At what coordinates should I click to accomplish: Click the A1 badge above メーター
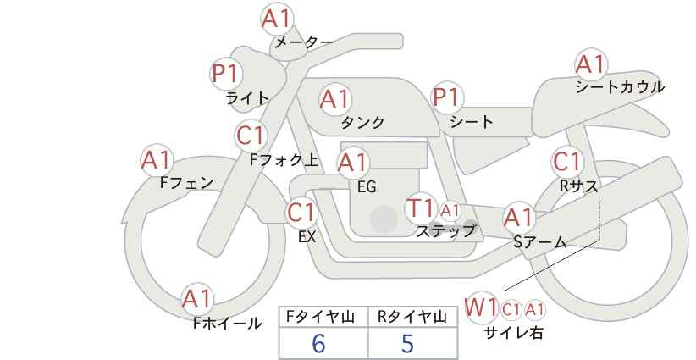point(276,19)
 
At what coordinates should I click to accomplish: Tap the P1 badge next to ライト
point(226,74)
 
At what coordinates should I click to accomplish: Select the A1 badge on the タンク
point(335,99)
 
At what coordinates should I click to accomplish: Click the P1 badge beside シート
point(447,98)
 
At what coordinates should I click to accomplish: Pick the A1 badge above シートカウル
point(591,64)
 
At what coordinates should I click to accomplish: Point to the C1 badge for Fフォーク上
point(251,135)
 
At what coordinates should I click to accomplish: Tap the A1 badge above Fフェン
point(157,159)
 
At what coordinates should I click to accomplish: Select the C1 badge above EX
point(302,212)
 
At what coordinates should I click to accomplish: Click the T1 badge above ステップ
point(421,208)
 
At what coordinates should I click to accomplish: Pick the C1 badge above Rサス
point(567,161)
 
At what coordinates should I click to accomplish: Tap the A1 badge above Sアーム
point(519,218)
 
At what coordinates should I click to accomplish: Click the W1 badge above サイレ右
point(482,307)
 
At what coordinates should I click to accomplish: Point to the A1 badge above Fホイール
point(198,298)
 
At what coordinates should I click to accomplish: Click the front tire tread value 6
point(319,344)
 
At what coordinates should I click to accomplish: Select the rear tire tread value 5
point(407,344)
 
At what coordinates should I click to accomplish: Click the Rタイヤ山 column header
point(412,317)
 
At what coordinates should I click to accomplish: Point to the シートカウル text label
point(619,87)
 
